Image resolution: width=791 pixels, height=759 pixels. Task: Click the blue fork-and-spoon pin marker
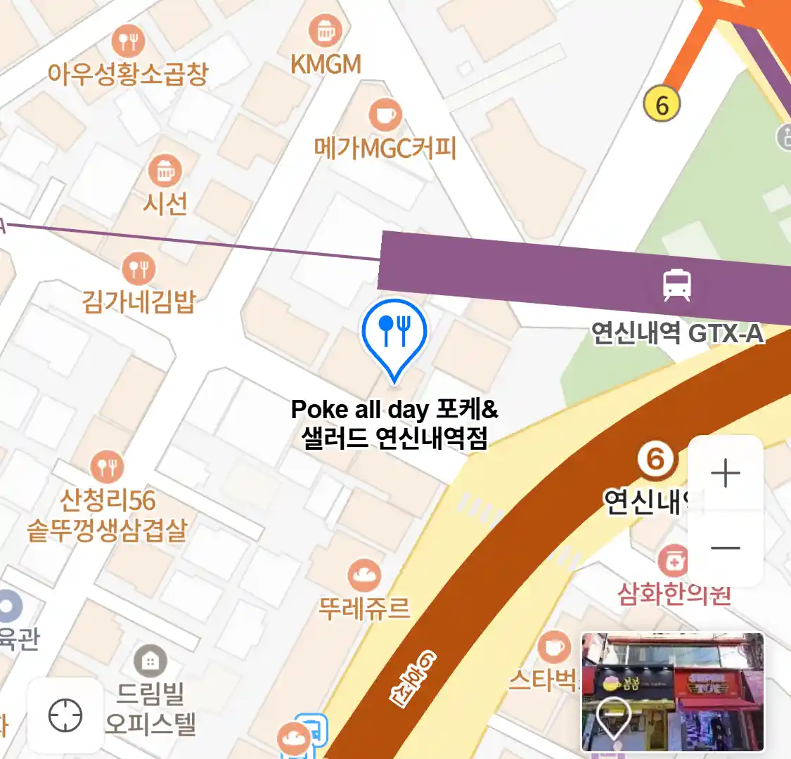pyautogui.click(x=394, y=332)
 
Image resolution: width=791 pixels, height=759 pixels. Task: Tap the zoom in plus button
pyautogui.click(x=725, y=474)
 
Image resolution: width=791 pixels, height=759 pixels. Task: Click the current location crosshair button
pyautogui.click(x=65, y=716)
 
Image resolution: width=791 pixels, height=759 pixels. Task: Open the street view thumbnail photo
pyautogui.click(x=672, y=692)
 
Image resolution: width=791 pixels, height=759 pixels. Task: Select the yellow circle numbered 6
pyautogui.click(x=662, y=105)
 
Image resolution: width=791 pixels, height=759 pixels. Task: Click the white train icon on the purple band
pyautogui.click(x=676, y=285)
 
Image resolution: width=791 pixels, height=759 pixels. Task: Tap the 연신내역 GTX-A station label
pyautogui.click(x=676, y=332)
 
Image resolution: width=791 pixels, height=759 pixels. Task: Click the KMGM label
pyautogui.click(x=326, y=65)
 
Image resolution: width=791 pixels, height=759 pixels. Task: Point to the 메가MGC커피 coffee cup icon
pyautogui.click(x=385, y=115)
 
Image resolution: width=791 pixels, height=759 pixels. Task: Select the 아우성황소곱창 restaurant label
pyautogui.click(x=128, y=73)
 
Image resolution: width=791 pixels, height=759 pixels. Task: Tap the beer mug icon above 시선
pyautogui.click(x=165, y=170)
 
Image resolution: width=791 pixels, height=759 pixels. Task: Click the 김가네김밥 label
pyautogui.click(x=138, y=301)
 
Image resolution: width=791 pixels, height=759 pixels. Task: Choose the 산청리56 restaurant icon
pyautogui.click(x=107, y=466)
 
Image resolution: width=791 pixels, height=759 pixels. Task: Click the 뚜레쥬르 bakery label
pyautogui.click(x=364, y=607)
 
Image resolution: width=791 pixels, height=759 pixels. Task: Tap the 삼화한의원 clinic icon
pyautogui.click(x=674, y=561)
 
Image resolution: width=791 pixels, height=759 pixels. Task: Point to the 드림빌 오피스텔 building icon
pyautogui.click(x=149, y=661)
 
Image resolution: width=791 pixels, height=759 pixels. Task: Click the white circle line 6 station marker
pyautogui.click(x=655, y=460)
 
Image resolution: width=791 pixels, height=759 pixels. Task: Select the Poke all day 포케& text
pyautogui.click(x=394, y=409)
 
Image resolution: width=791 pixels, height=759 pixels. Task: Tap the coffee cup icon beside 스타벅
pyautogui.click(x=554, y=647)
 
